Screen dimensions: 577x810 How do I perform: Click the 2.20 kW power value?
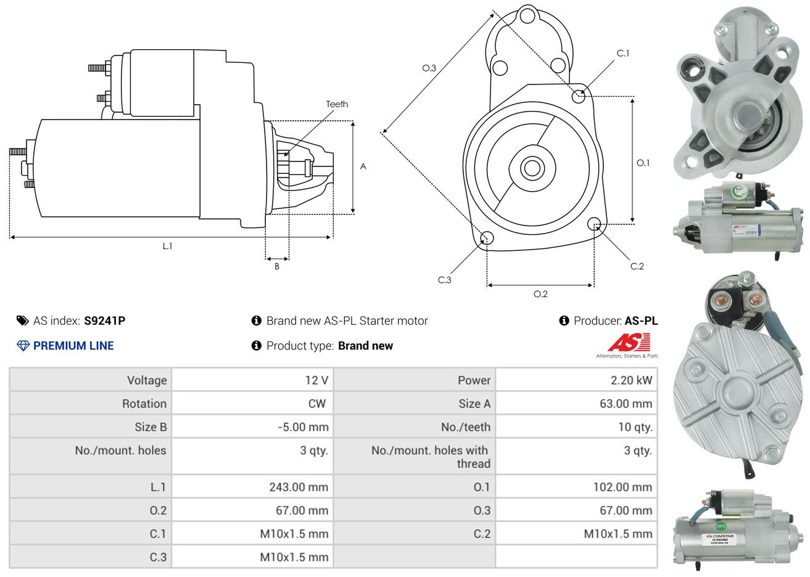tap(631, 380)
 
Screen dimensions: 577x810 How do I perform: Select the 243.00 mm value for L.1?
tap(298, 487)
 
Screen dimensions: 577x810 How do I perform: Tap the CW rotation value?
tap(316, 404)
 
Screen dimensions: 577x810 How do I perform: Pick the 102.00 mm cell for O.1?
tap(622, 487)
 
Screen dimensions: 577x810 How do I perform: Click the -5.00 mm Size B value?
tap(303, 427)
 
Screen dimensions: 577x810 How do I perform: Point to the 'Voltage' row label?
tap(147, 380)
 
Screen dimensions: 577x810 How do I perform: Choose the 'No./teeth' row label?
tap(466, 427)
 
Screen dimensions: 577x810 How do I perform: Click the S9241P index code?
tap(104, 321)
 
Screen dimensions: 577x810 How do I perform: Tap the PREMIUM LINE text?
tap(73, 346)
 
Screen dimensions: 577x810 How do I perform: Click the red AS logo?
tap(629, 343)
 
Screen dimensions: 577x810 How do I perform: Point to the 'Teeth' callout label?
tap(337, 104)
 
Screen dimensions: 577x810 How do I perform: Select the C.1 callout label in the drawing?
tap(623, 54)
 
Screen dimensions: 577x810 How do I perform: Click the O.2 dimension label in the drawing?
tap(540, 295)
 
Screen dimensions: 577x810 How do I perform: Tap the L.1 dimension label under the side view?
tap(167, 246)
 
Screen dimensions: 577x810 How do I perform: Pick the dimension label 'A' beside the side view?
tap(363, 166)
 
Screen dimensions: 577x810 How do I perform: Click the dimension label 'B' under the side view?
tap(277, 266)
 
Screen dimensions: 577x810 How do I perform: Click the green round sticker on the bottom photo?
tap(720, 526)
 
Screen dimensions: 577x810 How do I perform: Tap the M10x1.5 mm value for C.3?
tap(294, 557)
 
